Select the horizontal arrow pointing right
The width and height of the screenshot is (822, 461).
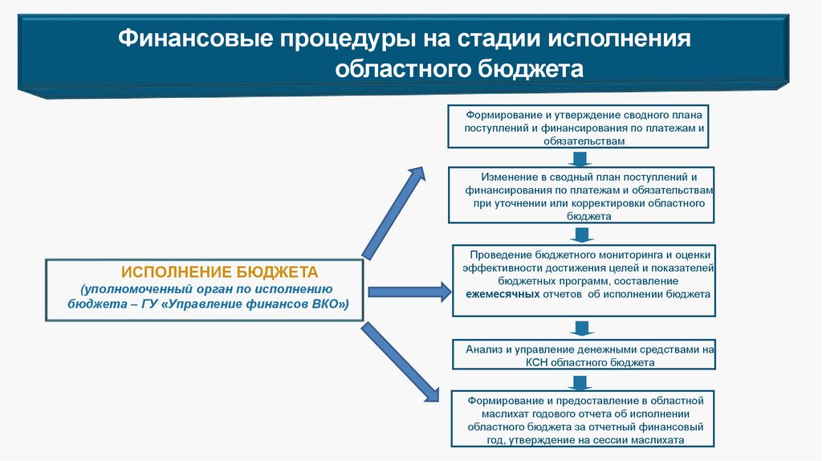409,292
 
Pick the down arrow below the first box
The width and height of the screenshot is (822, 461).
580,157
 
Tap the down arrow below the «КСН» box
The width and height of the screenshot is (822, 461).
580,380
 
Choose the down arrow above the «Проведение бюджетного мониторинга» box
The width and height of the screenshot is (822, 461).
580,234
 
